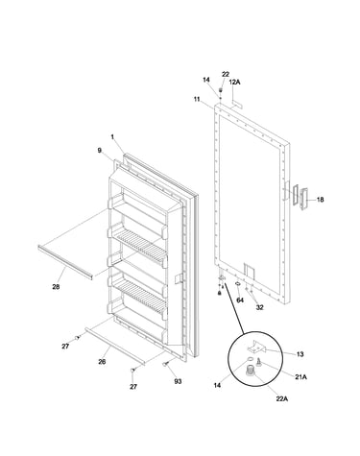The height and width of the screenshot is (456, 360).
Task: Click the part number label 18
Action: [320, 200]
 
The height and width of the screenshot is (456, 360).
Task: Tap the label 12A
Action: [234, 83]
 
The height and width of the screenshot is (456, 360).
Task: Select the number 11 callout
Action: [197, 99]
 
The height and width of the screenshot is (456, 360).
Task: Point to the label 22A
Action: [282, 398]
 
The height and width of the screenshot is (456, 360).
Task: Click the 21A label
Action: [300, 377]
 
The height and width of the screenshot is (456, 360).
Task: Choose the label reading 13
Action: [300, 354]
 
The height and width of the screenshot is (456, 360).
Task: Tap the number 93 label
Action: [178, 381]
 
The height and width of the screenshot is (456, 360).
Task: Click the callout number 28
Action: [56, 287]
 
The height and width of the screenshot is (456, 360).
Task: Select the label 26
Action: [102, 362]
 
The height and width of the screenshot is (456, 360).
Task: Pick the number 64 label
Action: [240, 300]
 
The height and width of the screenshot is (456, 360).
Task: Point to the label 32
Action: [259, 307]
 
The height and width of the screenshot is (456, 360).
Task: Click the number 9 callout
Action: [100, 150]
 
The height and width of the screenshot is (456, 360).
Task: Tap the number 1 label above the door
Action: [112, 137]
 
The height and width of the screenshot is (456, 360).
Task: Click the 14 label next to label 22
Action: [206, 80]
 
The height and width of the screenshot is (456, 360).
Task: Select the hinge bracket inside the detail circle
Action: [257, 347]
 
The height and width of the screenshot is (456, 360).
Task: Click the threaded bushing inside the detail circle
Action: [250, 371]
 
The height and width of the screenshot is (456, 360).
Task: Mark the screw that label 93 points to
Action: [166, 364]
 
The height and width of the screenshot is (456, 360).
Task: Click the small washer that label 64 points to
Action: [238, 283]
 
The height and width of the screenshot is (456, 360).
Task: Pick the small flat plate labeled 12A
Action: [237, 105]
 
